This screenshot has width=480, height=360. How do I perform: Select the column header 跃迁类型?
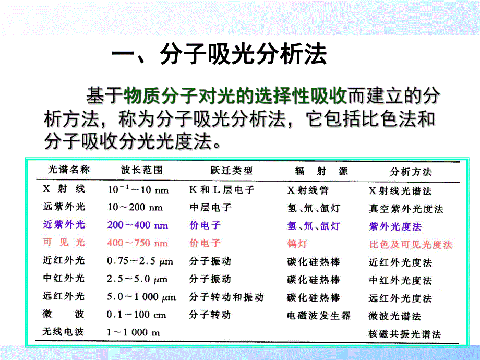[x=221, y=171]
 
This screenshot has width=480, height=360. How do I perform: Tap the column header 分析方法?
[x=411, y=172]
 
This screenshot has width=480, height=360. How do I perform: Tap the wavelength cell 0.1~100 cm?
[x=136, y=315]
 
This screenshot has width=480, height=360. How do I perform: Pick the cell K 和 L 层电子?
[x=221, y=190]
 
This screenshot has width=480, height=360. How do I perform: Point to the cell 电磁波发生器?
[x=318, y=316]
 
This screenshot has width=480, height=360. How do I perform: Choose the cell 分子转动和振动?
[x=226, y=297]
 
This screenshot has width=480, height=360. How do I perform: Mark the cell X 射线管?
[x=308, y=190]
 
